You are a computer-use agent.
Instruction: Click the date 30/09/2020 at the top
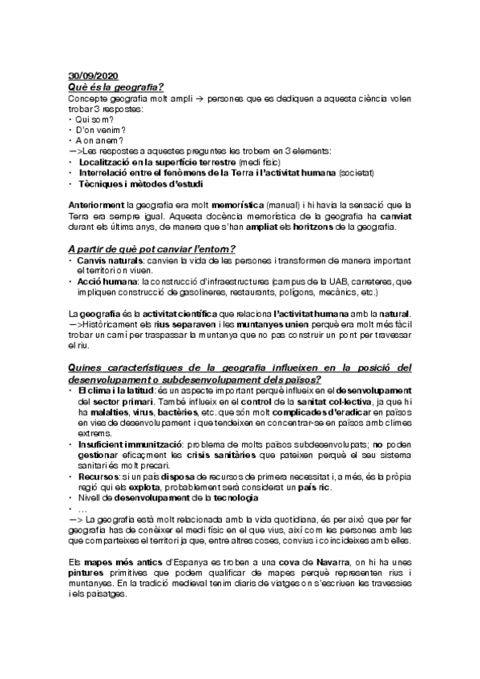pos(94,74)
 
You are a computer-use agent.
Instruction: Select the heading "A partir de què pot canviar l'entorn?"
pos(151,248)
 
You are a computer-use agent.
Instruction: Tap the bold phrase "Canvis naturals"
pos(110,261)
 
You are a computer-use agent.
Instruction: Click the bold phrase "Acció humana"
pos(107,283)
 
